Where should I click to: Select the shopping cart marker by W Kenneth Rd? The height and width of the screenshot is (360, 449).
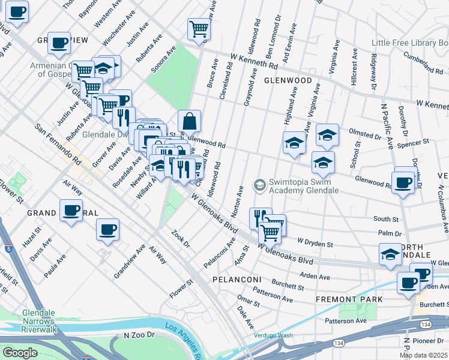(x=199, y=28)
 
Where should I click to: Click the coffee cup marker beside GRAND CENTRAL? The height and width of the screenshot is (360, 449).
(x=71, y=211)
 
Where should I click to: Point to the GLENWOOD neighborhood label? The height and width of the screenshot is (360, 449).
(x=286, y=80)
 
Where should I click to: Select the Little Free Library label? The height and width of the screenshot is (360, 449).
(x=409, y=43)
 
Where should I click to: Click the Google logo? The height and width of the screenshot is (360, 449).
(x=20, y=353)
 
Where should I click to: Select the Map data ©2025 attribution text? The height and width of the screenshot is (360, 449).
(x=423, y=355)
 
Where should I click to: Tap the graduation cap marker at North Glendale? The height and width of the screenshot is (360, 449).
(x=390, y=254)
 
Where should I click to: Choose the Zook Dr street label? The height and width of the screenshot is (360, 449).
(x=180, y=239)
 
